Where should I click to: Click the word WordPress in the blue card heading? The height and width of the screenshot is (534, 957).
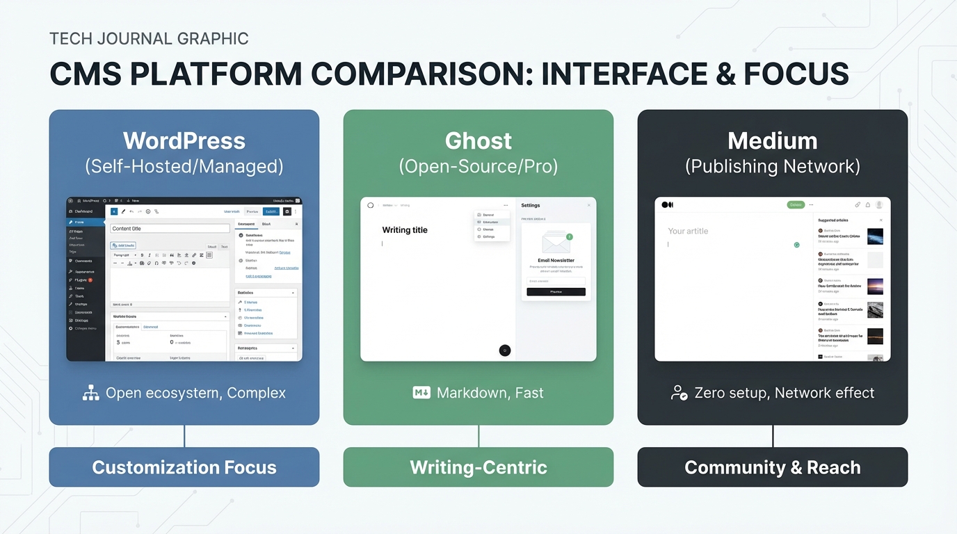(x=184, y=141)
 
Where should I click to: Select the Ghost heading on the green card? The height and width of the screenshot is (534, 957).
(x=478, y=141)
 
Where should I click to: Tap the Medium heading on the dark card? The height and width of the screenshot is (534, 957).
(x=772, y=141)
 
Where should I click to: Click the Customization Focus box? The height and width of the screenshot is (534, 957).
(x=184, y=467)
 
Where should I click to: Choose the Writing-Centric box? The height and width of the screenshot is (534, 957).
(x=478, y=467)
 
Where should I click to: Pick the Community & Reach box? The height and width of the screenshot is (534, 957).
(x=772, y=467)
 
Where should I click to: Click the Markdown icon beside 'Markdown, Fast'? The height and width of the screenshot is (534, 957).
(x=421, y=393)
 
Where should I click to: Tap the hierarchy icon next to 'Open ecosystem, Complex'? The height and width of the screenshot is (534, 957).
(x=91, y=393)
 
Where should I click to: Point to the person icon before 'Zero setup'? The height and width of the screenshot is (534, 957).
(x=679, y=393)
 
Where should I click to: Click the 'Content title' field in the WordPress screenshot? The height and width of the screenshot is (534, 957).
(x=170, y=228)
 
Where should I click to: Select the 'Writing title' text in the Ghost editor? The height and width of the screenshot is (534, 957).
(x=405, y=230)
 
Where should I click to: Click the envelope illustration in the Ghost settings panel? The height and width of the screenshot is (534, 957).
(x=556, y=243)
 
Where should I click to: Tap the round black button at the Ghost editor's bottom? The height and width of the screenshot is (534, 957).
(x=505, y=350)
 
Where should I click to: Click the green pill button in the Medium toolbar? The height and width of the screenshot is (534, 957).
(x=796, y=205)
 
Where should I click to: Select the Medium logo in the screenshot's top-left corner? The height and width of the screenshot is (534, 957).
(x=668, y=205)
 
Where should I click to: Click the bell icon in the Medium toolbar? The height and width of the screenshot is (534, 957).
(x=868, y=205)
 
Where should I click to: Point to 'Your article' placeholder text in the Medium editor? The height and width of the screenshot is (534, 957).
(x=688, y=231)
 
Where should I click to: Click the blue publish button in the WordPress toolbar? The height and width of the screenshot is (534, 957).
(x=271, y=211)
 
